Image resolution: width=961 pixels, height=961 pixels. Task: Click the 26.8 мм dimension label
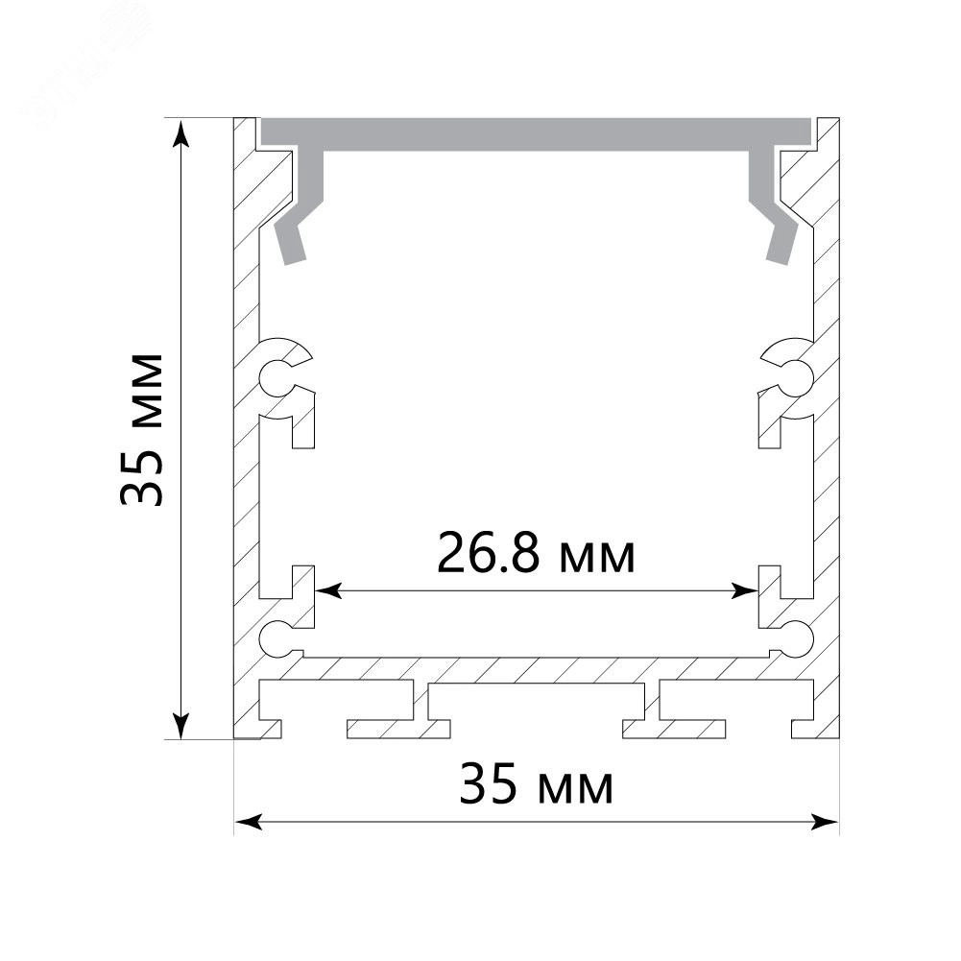537,553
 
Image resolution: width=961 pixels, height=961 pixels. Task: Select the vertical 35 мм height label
142,429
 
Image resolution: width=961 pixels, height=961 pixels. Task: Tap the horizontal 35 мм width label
537,782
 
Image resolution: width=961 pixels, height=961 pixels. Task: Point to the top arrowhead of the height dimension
180,133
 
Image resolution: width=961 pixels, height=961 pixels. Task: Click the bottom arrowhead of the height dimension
180,725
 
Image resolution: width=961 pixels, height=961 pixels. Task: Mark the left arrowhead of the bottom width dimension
249,822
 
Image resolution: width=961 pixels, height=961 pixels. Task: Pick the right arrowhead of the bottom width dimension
825,822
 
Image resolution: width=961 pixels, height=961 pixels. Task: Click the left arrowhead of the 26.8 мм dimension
328,591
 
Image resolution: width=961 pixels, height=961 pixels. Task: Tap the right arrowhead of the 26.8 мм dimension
745,591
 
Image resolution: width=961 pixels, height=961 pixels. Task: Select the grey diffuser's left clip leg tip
295,261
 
